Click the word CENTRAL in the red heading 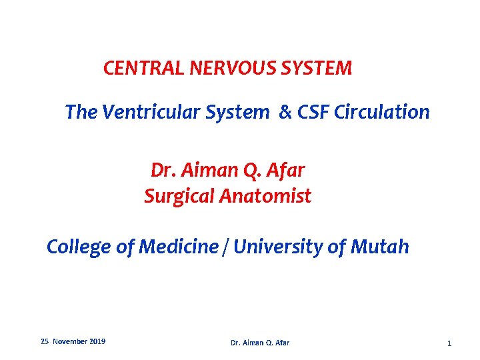click(135, 68)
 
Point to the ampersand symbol click(285, 113)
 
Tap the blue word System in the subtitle click(238, 113)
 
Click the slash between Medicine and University click(227, 248)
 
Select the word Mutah click(379, 247)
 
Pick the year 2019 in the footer click(97, 341)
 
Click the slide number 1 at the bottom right click(449, 343)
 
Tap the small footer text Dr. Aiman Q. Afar click(260, 343)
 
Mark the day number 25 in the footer click(45, 341)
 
